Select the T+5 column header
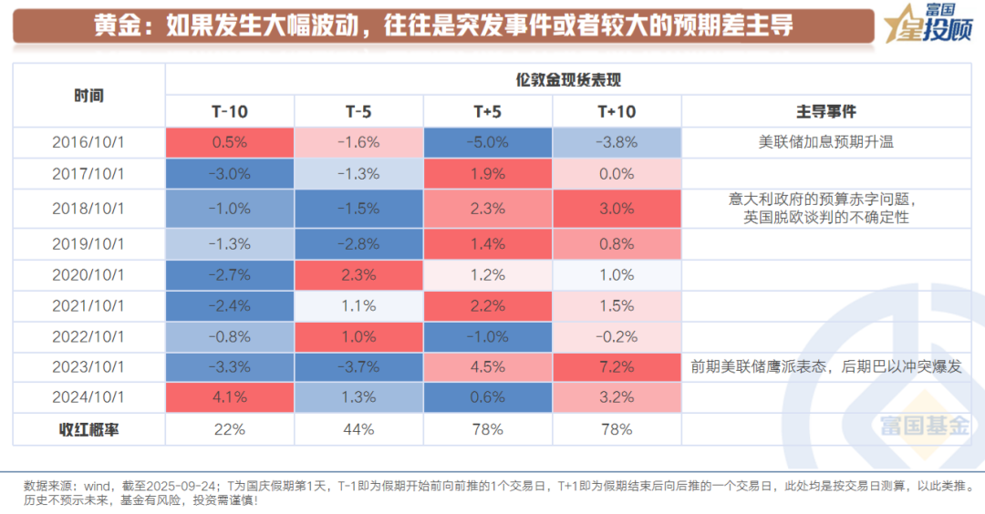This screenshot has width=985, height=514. [487, 111]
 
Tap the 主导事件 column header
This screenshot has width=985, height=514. [826, 111]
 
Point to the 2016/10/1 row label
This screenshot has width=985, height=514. [88, 142]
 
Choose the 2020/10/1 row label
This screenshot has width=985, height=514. [88, 274]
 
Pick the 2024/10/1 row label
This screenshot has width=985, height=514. [88, 396]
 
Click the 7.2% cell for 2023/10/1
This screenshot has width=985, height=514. [617, 366]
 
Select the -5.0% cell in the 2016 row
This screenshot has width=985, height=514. [487, 142]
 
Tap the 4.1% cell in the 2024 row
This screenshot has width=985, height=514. [230, 396]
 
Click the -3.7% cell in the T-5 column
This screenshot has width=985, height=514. [358, 366]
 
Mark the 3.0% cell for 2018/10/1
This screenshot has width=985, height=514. [617, 209]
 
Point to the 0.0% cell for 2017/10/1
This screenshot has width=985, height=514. [617, 174]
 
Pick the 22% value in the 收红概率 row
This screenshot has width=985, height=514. [230, 428]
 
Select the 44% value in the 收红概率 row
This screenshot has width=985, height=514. [358, 428]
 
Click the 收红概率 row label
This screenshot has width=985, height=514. [88, 428]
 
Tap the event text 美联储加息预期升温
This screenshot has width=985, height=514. [826, 142]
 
